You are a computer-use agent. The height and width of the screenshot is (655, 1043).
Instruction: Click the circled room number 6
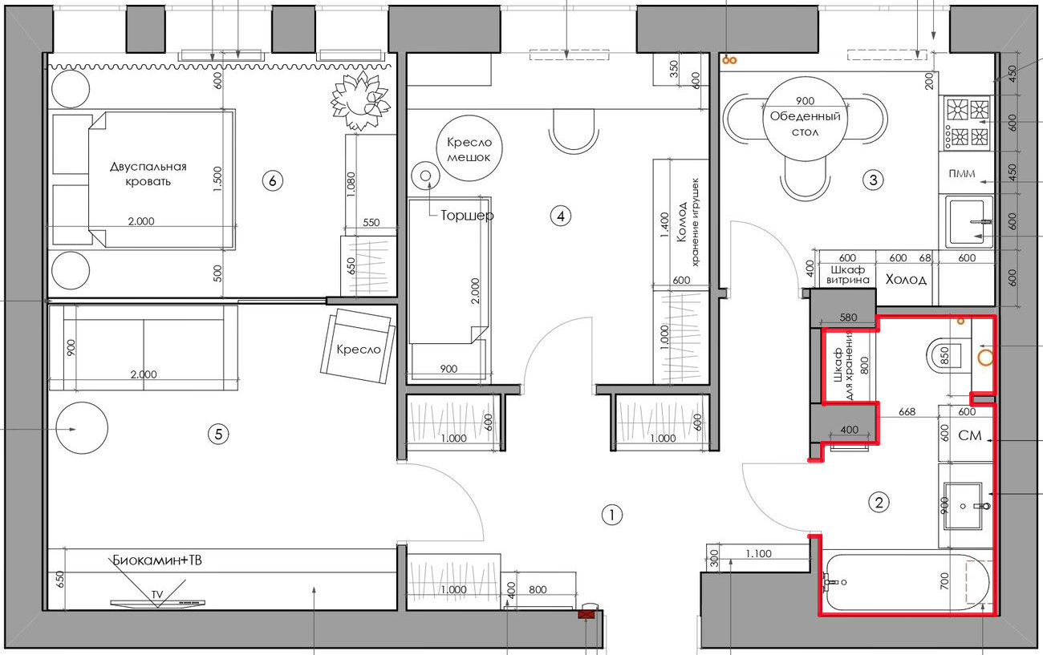pyautogui.click(x=273, y=180)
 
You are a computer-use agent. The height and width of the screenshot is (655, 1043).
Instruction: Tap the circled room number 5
pyautogui.click(x=218, y=435)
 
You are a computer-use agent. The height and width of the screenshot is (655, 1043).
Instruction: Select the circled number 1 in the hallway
pyautogui.click(x=611, y=515)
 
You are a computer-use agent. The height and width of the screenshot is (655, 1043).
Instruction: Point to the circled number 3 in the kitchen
pyautogui.click(x=873, y=180)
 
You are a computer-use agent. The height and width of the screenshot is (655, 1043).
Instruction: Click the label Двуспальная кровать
pyautogui.click(x=148, y=174)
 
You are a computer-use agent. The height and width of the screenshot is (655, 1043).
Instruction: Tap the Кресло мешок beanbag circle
pyautogui.click(x=469, y=148)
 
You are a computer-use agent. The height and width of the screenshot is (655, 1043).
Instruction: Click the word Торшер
pyautogui.click(x=467, y=216)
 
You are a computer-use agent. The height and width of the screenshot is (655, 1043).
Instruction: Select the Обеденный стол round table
pyautogui.click(x=805, y=119)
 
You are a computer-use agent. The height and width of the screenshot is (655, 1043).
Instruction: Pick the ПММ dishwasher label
pyautogui.click(x=962, y=173)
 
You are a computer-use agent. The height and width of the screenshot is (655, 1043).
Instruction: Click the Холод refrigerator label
pyautogui.click(x=906, y=280)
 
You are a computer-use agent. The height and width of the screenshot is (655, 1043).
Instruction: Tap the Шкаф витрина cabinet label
pyautogui.click(x=847, y=275)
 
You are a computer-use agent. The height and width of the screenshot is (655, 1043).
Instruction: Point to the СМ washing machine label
pyautogui.click(x=970, y=435)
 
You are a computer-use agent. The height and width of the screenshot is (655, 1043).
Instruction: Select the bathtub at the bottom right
pyautogui.click(x=906, y=582)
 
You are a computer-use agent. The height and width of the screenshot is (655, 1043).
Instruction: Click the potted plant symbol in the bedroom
pyautogui.click(x=360, y=100)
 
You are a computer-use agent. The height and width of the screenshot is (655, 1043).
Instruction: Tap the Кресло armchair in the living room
pyautogui.click(x=358, y=346)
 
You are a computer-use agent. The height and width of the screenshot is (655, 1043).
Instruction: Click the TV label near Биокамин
pyautogui.click(x=157, y=595)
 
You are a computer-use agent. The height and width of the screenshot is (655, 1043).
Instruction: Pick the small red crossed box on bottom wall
pyautogui.click(x=586, y=615)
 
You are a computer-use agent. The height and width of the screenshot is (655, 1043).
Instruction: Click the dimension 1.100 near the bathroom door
pyautogui.click(x=758, y=554)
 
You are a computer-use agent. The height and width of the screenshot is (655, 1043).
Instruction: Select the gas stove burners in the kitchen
pyautogui.click(x=968, y=123)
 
